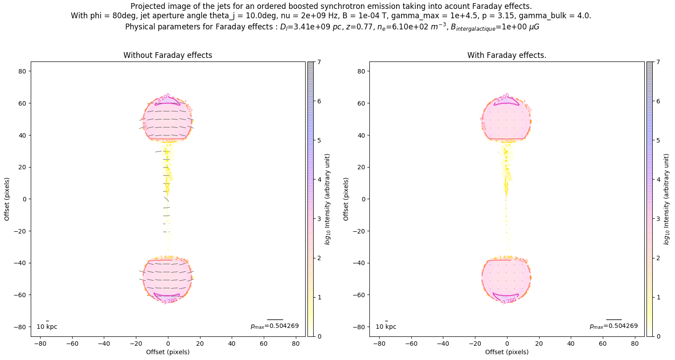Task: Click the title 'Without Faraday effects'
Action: [168, 55]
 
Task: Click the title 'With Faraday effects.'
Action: [507, 55]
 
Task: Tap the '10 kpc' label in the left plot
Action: [47, 327]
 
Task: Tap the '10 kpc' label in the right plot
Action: [386, 327]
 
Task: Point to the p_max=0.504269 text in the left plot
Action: [274, 326]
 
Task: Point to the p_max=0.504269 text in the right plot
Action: [614, 326]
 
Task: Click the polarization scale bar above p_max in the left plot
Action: [275, 319]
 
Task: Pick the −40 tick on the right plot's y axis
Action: [361, 263]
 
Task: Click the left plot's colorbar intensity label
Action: [327, 199]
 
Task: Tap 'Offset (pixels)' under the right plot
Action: [507, 352]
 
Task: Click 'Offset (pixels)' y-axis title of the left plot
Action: [7, 199]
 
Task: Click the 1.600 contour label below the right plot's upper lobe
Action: [507, 141]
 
